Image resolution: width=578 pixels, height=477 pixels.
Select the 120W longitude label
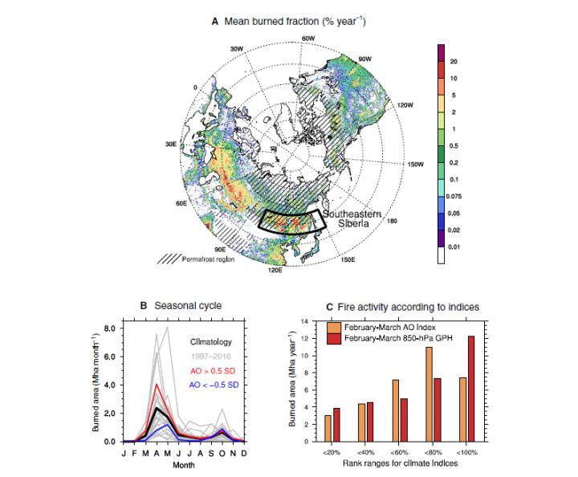[403, 105]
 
